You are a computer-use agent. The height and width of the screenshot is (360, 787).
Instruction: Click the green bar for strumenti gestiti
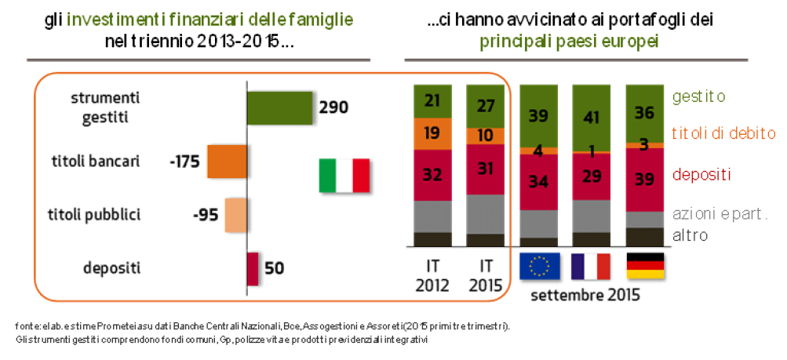(x=279, y=108)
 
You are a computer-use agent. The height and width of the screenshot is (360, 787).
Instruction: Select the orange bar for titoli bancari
(x=226, y=162)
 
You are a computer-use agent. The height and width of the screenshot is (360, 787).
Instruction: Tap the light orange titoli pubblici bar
(x=236, y=214)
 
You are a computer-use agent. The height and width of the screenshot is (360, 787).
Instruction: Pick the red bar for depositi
(x=253, y=267)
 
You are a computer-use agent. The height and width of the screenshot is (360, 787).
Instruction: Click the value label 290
(x=333, y=108)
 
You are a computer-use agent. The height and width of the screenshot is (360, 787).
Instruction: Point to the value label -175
(x=185, y=162)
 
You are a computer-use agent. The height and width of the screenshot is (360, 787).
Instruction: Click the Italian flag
(x=344, y=175)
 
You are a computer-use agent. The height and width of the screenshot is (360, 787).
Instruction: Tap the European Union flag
(x=539, y=267)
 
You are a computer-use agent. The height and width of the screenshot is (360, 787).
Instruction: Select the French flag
(x=591, y=267)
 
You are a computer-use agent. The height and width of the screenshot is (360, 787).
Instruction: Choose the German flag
(x=645, y=267)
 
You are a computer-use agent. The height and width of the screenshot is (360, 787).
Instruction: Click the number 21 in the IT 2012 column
(x=433, y=100)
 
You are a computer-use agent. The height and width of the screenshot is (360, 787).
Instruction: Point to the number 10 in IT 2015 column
(x=486, y=136)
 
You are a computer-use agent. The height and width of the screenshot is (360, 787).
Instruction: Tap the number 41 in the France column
(x=592, y=117)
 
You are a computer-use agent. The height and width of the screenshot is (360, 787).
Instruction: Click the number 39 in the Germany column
(x=644, y=180)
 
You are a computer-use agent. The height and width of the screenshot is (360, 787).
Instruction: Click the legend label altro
(x=691, y=235)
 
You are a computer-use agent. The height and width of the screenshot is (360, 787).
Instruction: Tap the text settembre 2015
(x=585, y=296)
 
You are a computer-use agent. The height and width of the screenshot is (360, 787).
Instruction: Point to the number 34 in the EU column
(x=539, y=183)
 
